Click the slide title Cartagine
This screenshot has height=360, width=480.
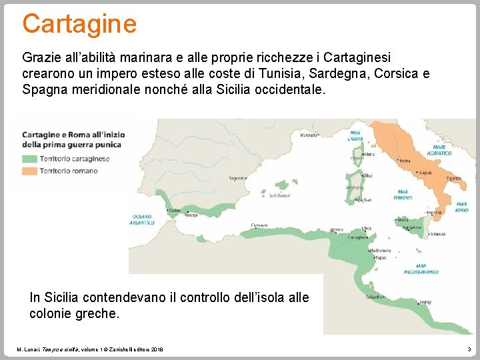point(79,23)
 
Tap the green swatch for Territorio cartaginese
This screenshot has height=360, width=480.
point(29,159)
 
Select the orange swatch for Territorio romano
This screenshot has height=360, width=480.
point(29,171)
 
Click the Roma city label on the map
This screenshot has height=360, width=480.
point(405,161)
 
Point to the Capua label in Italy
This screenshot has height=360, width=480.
point(425,173)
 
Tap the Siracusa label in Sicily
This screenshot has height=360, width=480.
point(438,234)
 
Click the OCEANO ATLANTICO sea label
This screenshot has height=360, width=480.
point(141,219)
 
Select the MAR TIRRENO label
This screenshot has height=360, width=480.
point(403,195)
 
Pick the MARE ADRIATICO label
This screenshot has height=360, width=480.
point(442,150)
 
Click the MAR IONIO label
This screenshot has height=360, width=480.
point(461,207)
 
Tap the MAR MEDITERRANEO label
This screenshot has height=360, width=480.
point(421,269)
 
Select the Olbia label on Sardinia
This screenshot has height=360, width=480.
point(367,175)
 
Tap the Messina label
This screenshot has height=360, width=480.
point(434,213)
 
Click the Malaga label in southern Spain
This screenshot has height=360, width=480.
point(191,215)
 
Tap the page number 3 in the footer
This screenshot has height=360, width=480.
point(469,349)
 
